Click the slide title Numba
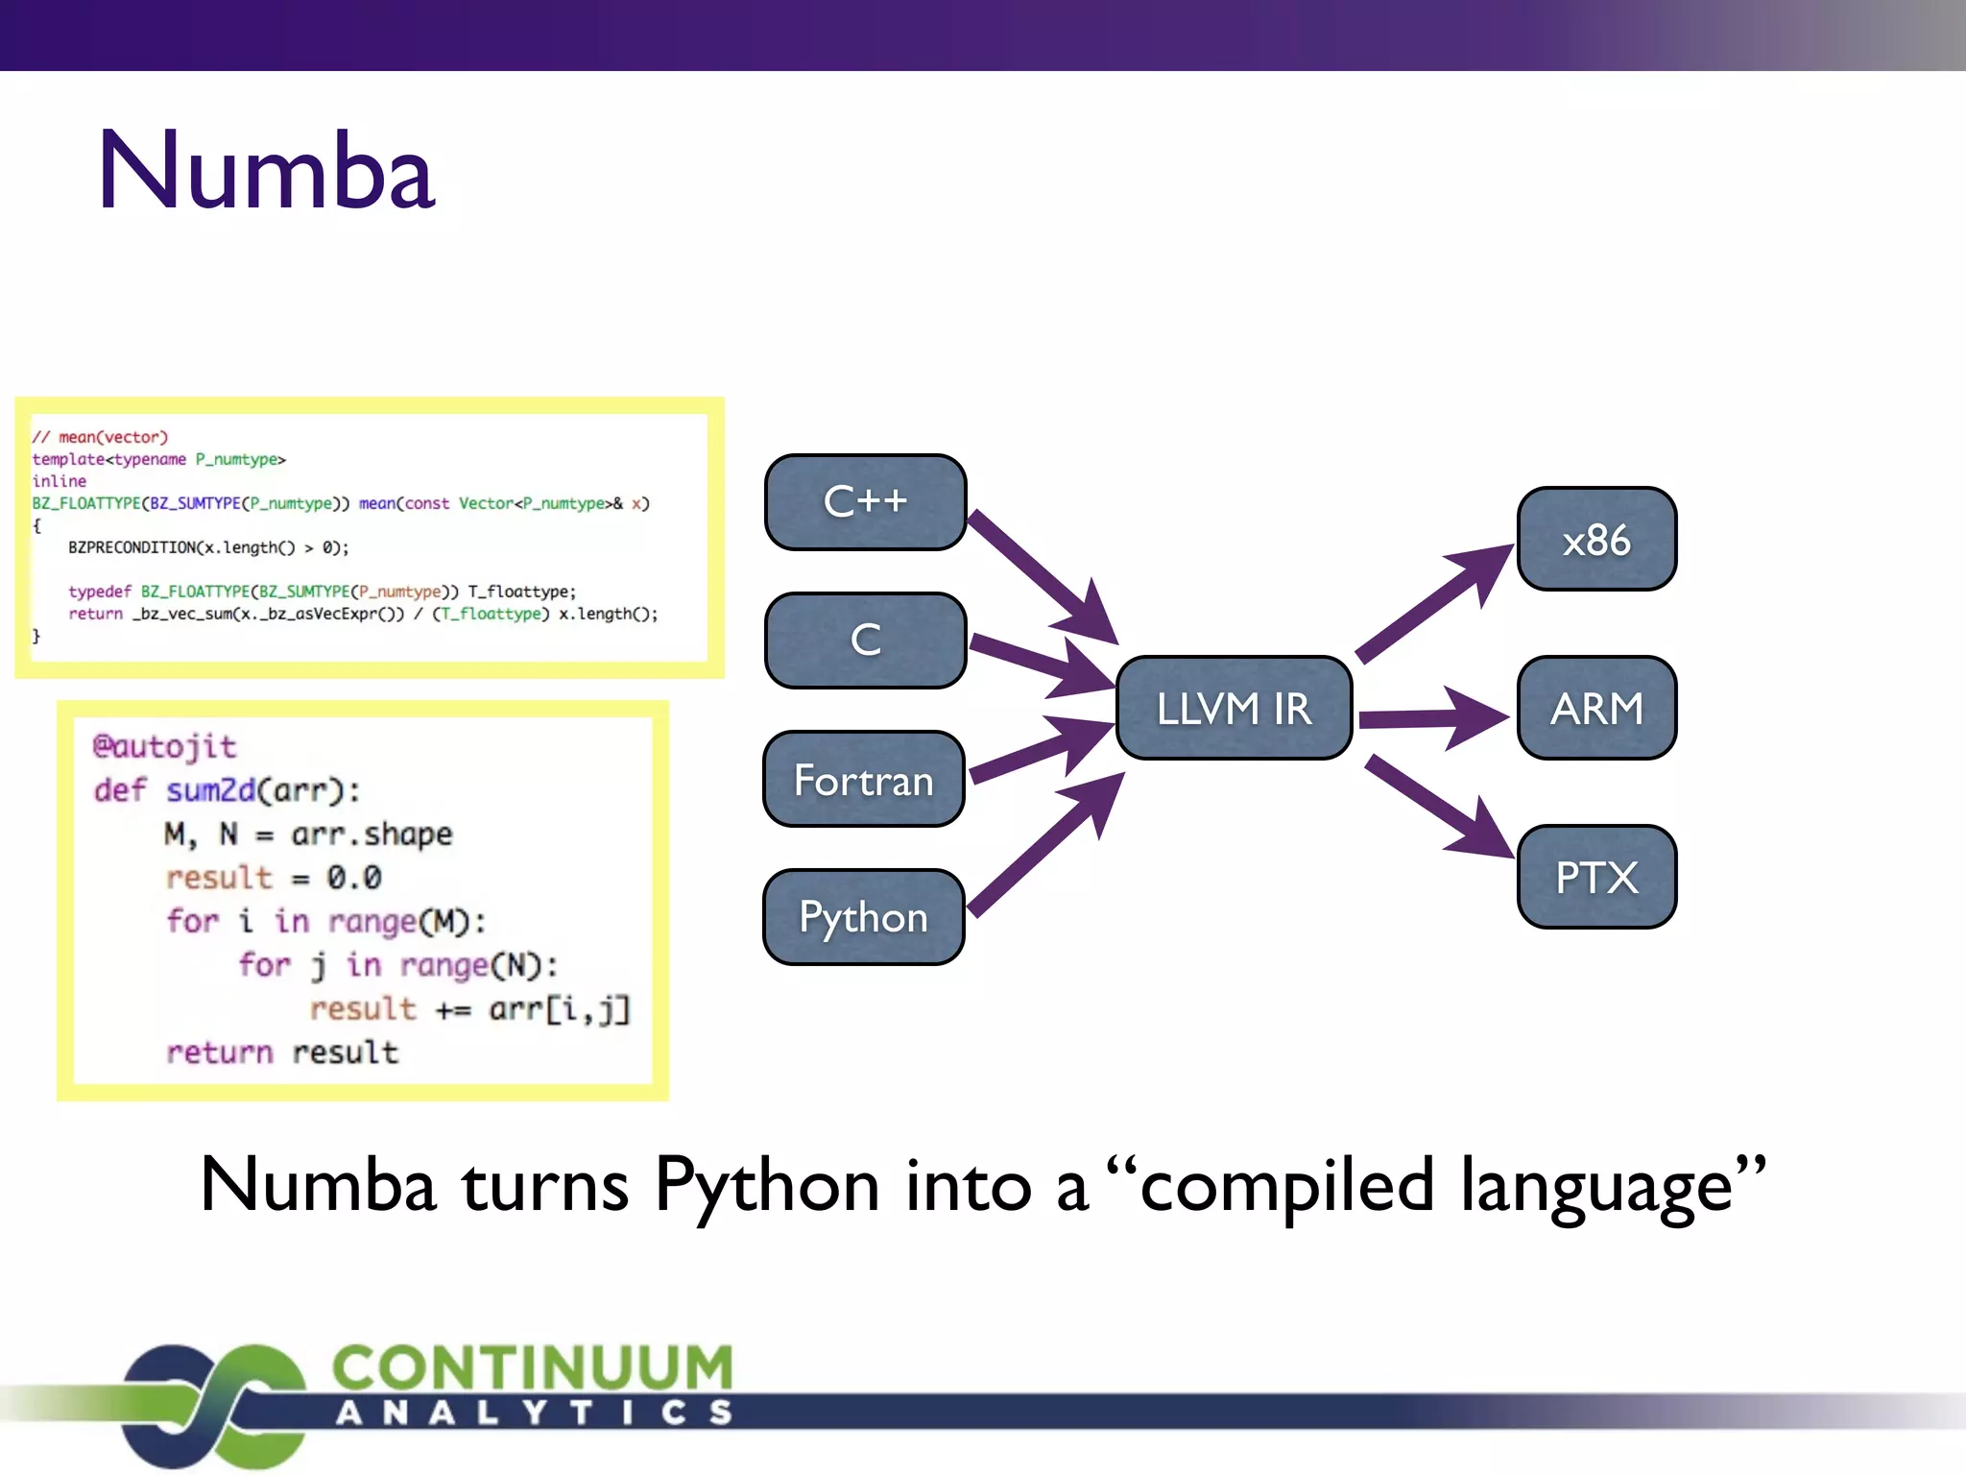pyautogui.click(x=266, y=171)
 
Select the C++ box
pyautogui.click(x=865, y=501)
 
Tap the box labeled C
pyautogui.click(x=865, y=640)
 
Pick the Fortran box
pyautogui.click(x=864, y=779)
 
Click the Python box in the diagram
pyautogui.click(x=864, y=917)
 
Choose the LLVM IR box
pyautogui.click(x=1234, y=709)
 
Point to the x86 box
pyautogui.click(x=1596, y=540)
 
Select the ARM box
pyautogui.click(x=1596, y=709)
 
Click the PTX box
pyautogui.click(x=1596, y=877)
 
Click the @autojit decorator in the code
pyautogui.click(x=164, y=746)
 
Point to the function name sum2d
pyautogui.click(x=211, y=790)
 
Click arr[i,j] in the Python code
pyautogui.click(x=560, y=1009)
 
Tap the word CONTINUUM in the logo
pyautogui.click(x=533, y=1367)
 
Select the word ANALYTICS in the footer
pyautogui.click(x=535, y=1413)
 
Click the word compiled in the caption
pyautogui.click(x=1286, y=1187)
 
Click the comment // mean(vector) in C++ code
pyautogui.click(x=100, y=437)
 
